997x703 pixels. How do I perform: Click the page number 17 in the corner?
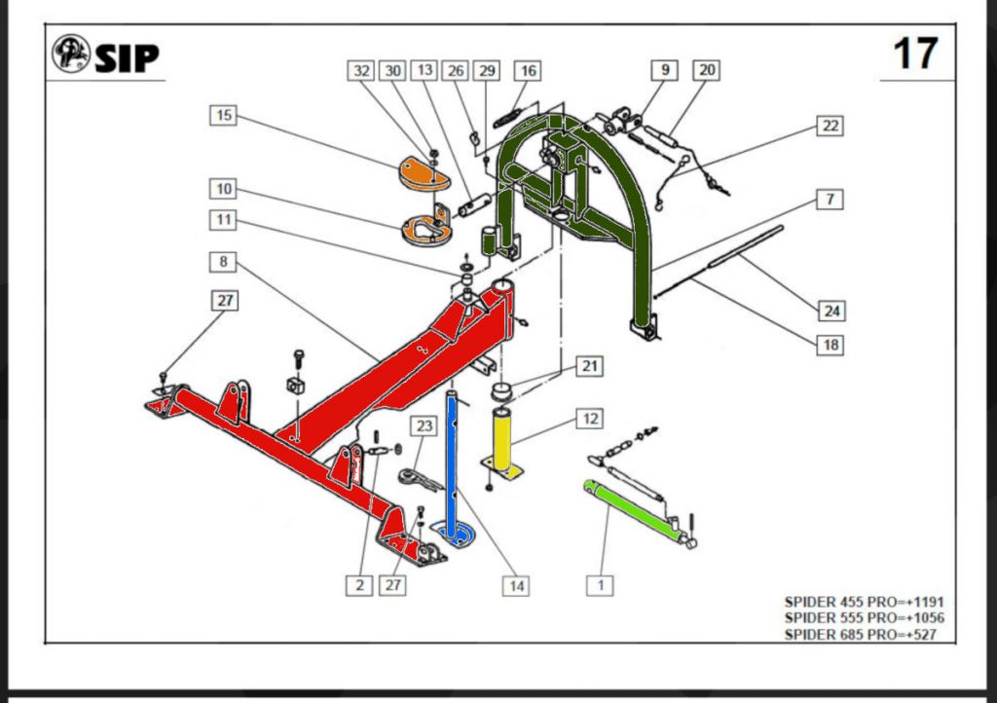915,54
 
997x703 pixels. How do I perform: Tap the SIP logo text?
126,57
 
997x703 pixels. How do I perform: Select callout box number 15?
224,115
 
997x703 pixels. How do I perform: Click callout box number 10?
224,187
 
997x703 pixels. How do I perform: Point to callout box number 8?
224,261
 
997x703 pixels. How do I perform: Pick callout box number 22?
830,126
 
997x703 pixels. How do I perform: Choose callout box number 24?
831,311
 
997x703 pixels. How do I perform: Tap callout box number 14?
516,585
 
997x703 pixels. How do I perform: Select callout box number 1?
601,584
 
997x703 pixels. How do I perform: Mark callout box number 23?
424,425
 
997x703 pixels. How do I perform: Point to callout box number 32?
362,71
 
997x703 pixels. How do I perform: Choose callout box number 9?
665,70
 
